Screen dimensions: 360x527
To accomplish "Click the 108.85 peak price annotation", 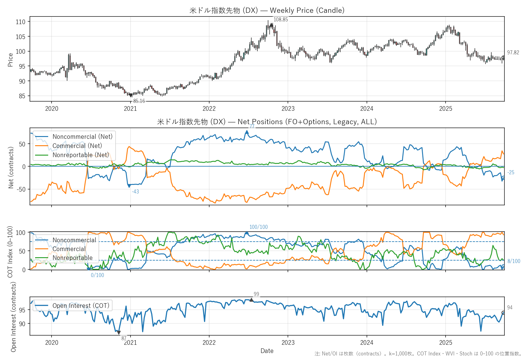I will coord(281,20).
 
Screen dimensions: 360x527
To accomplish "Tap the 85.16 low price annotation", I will coord(139,101).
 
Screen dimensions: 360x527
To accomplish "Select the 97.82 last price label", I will coord(513,52).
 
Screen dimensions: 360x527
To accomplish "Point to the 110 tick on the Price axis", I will coord(21,22).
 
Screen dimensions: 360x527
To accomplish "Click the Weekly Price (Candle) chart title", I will coord(267,10).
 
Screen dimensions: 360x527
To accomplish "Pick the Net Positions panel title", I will coord(267,122).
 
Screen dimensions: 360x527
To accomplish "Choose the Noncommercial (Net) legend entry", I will coord(82,137).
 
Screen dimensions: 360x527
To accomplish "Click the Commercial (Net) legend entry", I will coord(77,146).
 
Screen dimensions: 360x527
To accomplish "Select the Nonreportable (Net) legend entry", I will coord(81,155).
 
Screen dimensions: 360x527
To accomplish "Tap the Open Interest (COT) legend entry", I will coord(81,306).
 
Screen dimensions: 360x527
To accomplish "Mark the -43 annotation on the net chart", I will coord(135,192).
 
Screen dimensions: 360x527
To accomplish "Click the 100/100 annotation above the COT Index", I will coord(259,227).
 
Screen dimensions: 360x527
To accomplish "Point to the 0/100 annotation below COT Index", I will coord(97,275).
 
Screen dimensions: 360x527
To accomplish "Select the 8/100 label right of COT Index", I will coord(514,261).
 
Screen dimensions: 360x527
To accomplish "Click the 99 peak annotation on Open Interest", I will coord(256,294).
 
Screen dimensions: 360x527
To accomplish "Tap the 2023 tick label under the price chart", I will coord(288,109).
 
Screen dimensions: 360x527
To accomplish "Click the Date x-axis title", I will coord(267,351).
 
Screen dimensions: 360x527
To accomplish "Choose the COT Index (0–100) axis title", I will coord(10,252).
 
